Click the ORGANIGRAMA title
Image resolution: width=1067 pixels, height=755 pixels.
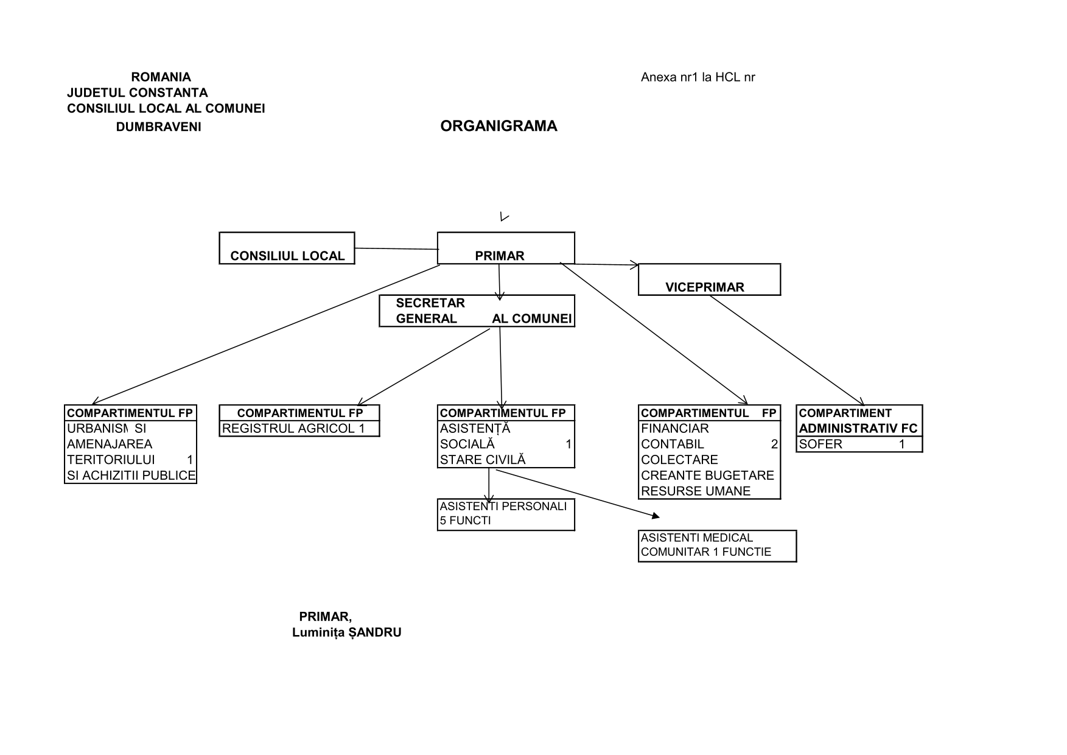click(499, 126)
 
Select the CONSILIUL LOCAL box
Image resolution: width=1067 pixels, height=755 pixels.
click(287, 248)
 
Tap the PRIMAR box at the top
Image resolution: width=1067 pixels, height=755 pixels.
click(506, 248)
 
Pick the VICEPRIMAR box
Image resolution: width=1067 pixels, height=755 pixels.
click(709, 279)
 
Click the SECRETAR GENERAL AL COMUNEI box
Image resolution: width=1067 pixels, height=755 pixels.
click(477, 311)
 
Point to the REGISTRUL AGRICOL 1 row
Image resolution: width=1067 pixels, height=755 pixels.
click(299, 429)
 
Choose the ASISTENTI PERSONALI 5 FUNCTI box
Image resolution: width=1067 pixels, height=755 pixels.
click(506, 514)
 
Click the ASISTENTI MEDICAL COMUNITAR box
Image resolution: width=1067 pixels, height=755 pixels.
click(717, 546)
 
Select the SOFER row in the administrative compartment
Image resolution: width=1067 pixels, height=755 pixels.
click(859, 444)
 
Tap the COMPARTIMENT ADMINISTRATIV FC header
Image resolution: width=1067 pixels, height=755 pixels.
click(859, 421)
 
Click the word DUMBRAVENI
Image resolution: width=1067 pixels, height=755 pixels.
click(158, 127)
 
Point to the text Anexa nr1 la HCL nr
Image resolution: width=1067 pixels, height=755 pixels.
click(698, 77)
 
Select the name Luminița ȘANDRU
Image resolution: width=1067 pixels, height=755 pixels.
click(346, 633)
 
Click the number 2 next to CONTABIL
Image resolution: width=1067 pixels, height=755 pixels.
click(774, 444)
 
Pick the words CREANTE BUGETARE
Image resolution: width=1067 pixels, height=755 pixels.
click(707, 476)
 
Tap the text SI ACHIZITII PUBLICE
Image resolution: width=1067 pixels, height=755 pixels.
click(131, 476)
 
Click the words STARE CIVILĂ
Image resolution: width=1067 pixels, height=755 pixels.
click(483, 460)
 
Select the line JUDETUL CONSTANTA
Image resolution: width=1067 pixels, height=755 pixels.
click(137, 93)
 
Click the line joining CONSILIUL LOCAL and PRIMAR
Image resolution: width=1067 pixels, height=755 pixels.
click(396, 248)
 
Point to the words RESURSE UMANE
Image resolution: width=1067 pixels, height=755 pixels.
click(696, 491)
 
